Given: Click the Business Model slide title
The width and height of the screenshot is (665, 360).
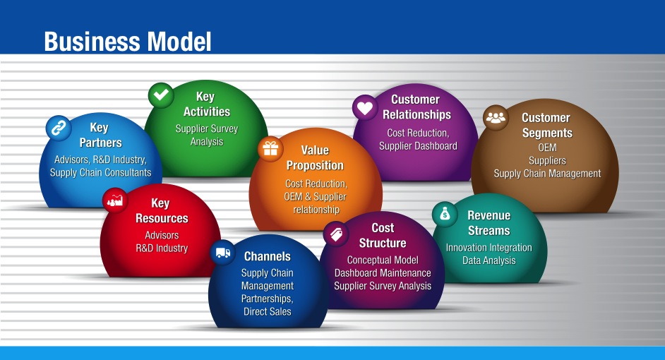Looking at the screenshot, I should pyautogui.click(x=127, y=41).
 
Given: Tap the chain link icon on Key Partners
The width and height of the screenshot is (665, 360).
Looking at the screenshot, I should pyautogui.click(x=59, y=128).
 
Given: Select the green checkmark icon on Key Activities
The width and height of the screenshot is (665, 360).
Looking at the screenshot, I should pyautogui.click(x=161, y=95).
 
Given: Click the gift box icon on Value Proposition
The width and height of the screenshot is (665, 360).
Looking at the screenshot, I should pyautogui.click(x=270, y=148).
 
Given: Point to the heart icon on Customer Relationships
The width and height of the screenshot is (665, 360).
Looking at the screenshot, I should pyautogui.click(x=365, y=108).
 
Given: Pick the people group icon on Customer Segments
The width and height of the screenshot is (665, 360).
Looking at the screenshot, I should pyautogui.click(x=496, y=117).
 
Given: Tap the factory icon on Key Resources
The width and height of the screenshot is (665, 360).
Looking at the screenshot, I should pyautogui.click(x=115, y=200).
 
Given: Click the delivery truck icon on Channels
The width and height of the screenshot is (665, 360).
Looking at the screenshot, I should pyautogui.click(x=223, y=253).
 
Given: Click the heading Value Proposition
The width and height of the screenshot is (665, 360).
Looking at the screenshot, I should pyautogui.click(x=315, y=158).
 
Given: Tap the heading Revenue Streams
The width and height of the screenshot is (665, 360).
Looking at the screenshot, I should pyautogui.click(x=489, y=223).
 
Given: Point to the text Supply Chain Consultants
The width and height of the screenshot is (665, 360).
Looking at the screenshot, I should pyautogui.click(x=100, y=172).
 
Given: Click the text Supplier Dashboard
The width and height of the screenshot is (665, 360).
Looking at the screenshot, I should pyautogui.click(x=418, y=146).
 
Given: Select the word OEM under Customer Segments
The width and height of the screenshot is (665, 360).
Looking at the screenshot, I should pyautogui.click(x=547, y=148).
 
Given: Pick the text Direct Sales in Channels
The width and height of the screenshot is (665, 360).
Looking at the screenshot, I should pyautogui.click(x=268, y=311).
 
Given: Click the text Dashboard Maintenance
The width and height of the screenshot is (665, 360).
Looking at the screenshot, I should pyautogui.click(x=383, y=273).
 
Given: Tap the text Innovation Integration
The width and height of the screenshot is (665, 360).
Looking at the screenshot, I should pyautogui.click(x=489, y=248).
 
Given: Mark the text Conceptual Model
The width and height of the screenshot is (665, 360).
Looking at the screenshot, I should pyautogui.click(x=383, y=260).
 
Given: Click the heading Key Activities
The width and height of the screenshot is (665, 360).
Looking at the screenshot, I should pyautogui.click(x=206, y=104).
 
